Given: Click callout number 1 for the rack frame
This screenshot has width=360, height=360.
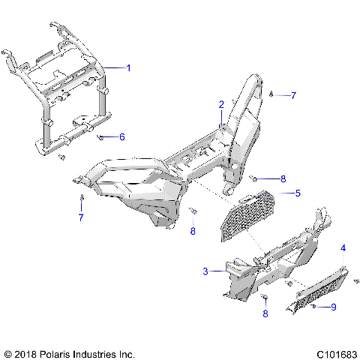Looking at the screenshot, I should click(128, 67).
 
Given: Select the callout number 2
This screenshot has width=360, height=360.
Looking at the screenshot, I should click(221, 104).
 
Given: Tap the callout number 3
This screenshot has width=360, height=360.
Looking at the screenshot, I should click(205, 271).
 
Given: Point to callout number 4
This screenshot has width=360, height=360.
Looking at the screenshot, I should click(343, 247).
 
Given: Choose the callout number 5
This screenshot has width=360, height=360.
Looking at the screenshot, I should click(298, 193).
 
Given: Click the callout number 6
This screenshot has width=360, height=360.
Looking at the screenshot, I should click(122, 136).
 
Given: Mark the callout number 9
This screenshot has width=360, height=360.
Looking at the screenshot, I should click(334, 307).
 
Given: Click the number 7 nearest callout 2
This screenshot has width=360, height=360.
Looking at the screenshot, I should click(294, 96).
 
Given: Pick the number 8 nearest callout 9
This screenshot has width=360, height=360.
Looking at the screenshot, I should click(265, 314).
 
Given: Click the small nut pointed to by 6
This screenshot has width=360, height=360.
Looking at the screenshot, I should click(100, 136).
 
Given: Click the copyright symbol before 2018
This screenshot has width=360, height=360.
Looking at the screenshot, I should click(9, 352).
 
